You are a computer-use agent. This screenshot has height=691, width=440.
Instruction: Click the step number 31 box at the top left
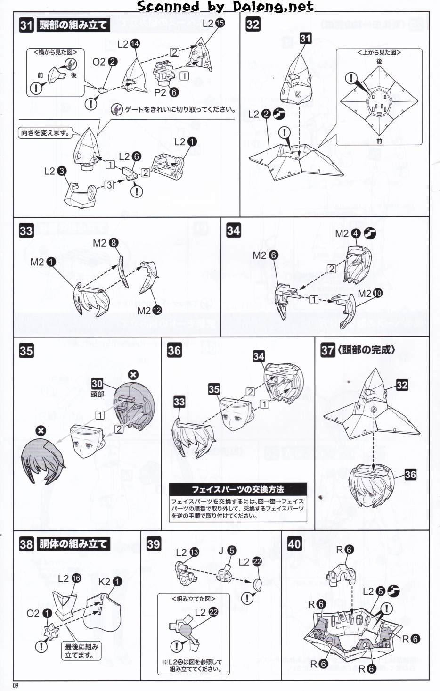tap(26, 25)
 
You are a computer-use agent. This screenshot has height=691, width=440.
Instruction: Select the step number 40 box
tap(294, 544)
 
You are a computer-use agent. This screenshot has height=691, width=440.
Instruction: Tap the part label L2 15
tap(213, 23)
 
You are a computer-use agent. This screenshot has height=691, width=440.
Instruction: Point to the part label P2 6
tap(166, 92)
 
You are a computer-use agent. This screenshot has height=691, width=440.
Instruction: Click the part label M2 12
tap(149, 311)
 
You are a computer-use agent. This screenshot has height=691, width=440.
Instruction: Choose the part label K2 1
tap(110, 582)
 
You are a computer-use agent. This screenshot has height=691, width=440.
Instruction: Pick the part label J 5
tap(227, 551)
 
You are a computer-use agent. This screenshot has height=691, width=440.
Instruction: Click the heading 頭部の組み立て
tap(73, 25)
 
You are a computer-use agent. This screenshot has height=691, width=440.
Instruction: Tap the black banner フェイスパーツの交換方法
tap(238, 489)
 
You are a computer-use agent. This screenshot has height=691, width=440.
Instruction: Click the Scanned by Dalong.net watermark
tap(225, 7)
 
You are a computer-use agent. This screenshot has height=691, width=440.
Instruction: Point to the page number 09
tap(16, 685)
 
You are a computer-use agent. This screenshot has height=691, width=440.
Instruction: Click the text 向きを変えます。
tap(45, 133)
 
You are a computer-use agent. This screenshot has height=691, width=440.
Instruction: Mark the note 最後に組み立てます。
tap(81, 651)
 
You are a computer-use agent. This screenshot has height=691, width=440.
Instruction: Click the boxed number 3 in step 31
tap(109, 185)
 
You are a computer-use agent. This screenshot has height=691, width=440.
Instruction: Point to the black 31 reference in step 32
tap(305, 38)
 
